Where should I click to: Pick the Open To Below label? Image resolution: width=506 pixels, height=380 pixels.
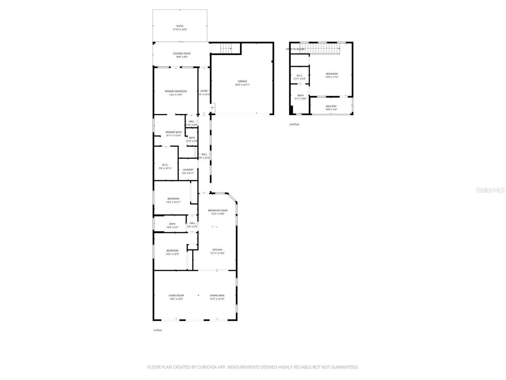point(295,49)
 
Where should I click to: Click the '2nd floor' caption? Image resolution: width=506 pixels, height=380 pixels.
point(295,124)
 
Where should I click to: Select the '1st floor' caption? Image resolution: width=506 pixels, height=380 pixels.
point(157,330)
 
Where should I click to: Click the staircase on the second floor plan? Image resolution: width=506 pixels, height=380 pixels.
point(324,49)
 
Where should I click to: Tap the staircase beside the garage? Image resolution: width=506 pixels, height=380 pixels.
point(226,48)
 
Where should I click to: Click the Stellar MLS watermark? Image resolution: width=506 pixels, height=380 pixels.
point(490,190)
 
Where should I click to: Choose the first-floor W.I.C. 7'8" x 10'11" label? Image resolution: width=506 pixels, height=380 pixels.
point(165,166)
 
